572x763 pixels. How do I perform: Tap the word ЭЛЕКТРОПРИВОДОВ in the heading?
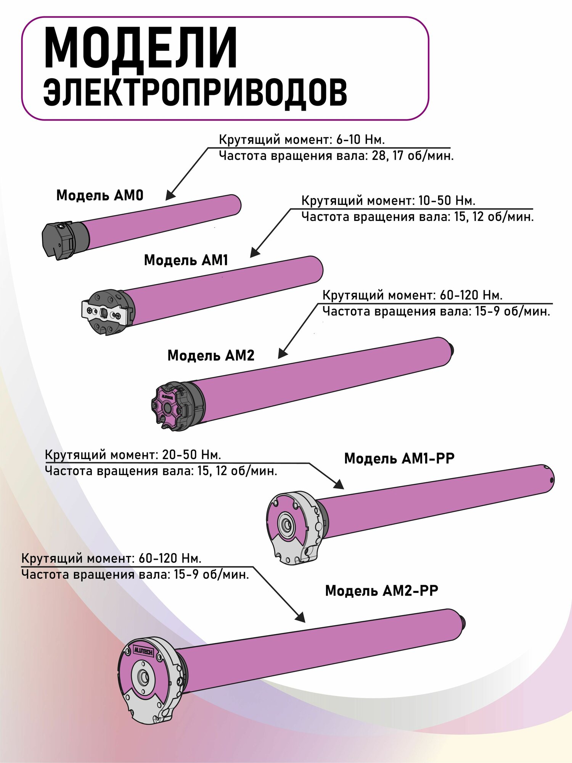195,93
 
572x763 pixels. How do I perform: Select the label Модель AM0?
100,196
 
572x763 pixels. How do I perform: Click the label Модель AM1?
186,261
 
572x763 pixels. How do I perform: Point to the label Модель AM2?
210,356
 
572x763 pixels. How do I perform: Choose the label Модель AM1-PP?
399,458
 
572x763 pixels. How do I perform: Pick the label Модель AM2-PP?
381,591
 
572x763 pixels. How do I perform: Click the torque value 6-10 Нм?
360,140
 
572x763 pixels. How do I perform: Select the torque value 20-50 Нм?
191,455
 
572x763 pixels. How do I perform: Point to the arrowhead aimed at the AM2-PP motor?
300,617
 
